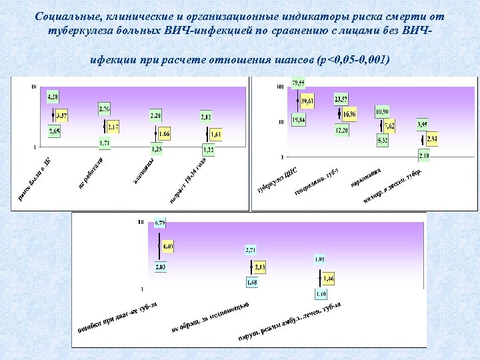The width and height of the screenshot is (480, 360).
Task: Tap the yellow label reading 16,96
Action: click(x=350, y=115)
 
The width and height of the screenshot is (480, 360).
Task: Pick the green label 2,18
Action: click(x=423, y=155)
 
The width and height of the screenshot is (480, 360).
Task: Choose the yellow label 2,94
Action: click(x=432, y=139)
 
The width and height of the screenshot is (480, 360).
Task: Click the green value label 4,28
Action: click(x=53, y=97)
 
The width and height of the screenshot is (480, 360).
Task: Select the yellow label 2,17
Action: click(x=113, y=127)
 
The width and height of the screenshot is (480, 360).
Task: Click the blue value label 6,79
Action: click(x=160, y=222)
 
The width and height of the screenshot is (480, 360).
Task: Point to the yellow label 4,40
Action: click(x=167, y=247)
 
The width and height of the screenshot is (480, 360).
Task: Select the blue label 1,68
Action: click(x=252, y=282)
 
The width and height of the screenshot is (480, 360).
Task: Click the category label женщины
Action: click(x=143, y=171)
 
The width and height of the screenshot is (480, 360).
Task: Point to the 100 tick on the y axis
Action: click(x=280, y=86)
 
